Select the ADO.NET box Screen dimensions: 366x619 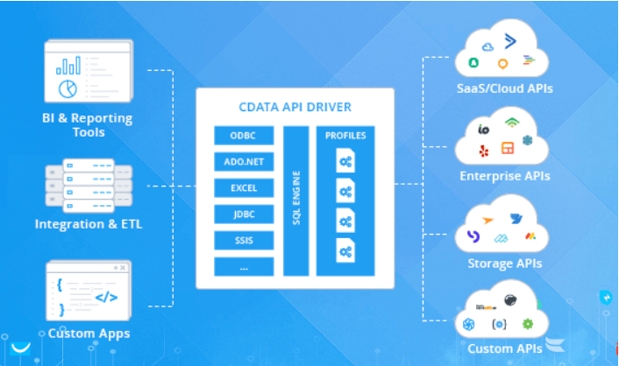pos(244,161)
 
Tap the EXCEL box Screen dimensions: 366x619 pos(244,187)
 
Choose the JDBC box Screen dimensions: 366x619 pos(244,214)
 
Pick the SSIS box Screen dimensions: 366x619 pos(244,240)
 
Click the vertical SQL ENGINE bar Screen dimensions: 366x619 pos(296,200)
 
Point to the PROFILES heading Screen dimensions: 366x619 pos(345,136)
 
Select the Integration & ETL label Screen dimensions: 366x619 pos(89,223)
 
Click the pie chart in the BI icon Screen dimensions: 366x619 pos(68,88)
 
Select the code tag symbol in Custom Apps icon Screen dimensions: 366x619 pos(106,296)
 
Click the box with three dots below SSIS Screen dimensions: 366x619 pos(244,266)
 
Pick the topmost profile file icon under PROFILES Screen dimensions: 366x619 pos(345,160)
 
